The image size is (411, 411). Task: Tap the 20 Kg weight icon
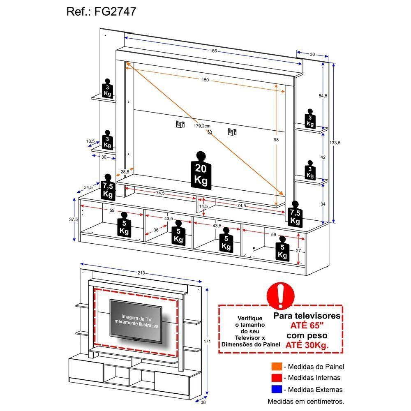pyautogui.click(x=200, y=171)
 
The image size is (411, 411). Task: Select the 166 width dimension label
pyautogui.click(x=212, y=51)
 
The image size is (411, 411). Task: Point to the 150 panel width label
pyautogui.click(x=205, y=80)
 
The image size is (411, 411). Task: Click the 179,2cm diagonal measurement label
pyautogui.click(x=202, y=126)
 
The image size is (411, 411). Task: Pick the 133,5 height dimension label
pyautogui.click(x=335, y=143)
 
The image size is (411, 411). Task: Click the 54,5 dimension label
pyautogui.click(x=323, y=96)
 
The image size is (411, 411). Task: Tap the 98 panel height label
pyautogui.click(x=276, y=140)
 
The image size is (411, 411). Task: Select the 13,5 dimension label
pyautogui.click(x=90, y=141)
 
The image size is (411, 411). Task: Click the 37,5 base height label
pyautogui.click(x=74, y=219)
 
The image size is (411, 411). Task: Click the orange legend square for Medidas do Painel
pyautogui.click(x=276, y=367)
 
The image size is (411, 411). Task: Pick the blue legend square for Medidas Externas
pyautogui.click(x=276, y=389)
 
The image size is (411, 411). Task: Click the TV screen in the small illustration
pyautogui.click(x=136, y=319)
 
